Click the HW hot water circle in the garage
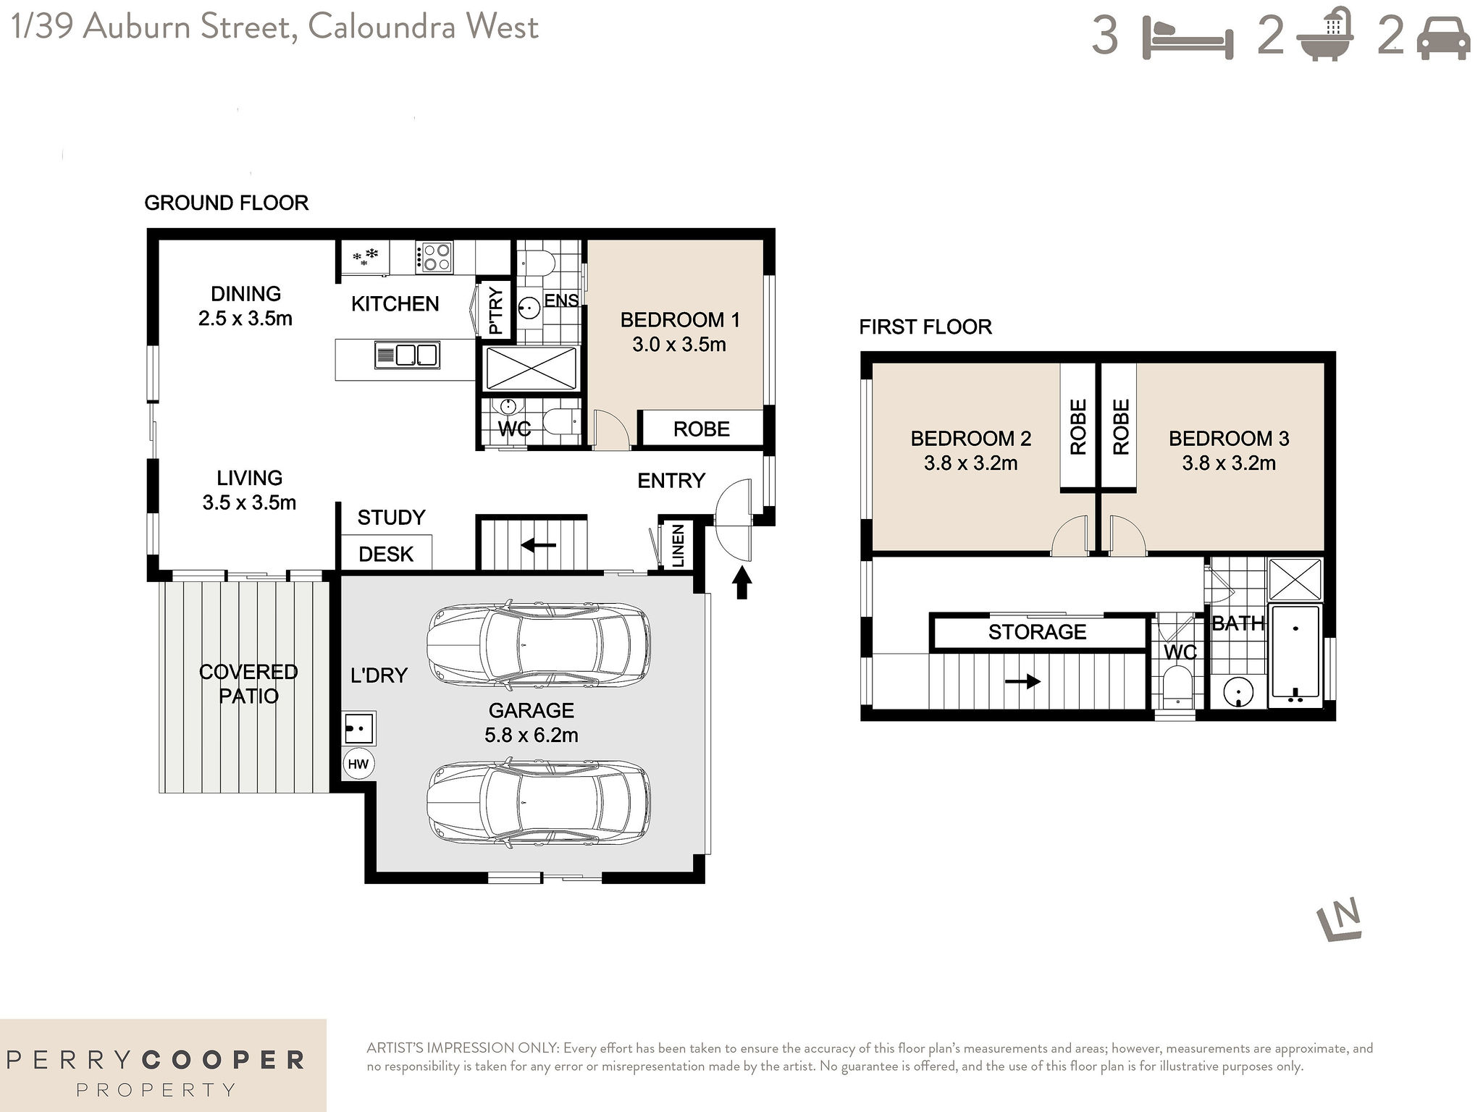click(358, 764)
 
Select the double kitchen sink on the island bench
click(407, 355)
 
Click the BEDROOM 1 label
click(679, 320)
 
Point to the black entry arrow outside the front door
click(741, 582)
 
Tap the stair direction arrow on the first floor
click(1022, 681)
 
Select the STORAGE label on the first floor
click(1037, 632)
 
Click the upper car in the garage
click(539, 644)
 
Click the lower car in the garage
click(539, 803)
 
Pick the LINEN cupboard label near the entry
click(679, 546)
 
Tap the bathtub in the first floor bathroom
click(1295, 657)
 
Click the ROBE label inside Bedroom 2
click(1078, 427)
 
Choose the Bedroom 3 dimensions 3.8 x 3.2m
click(1229, 463)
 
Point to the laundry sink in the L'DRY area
click(358, 728)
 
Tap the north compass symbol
click(1340, 920)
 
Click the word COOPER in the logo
click(223, 1061)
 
